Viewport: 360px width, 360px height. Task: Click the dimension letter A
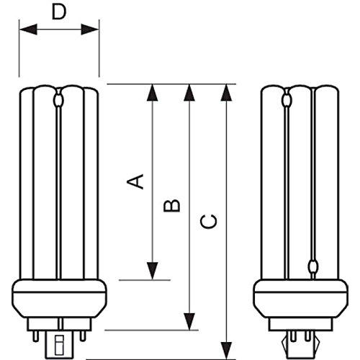[135, 180]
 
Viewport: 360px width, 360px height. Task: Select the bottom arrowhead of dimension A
[153, 271]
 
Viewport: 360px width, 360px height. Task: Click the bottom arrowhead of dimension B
[189, 323]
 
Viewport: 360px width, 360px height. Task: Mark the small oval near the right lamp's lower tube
[312, 266]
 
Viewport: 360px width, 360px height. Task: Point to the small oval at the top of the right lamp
[288, 94]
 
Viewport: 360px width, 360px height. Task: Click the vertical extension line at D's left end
[19, 50]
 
